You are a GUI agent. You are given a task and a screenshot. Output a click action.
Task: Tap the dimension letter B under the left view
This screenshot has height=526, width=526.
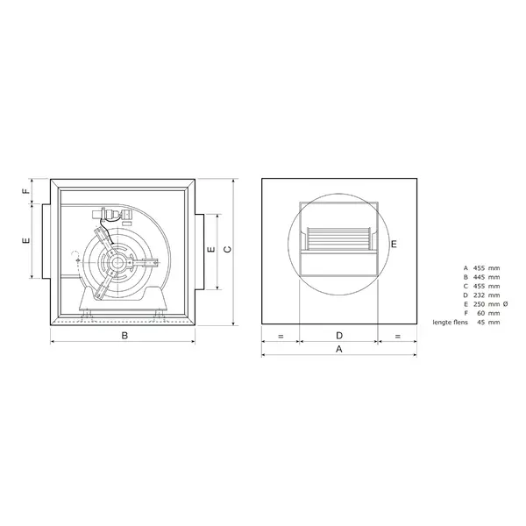(x=124, y=336)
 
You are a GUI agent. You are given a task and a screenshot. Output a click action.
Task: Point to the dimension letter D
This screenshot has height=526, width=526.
(x=338, y=336)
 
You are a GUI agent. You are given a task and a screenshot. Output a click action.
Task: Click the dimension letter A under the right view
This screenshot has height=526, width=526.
(x=339, y=349)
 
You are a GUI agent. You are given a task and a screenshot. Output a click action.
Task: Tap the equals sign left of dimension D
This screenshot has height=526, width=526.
(x=281, y=336)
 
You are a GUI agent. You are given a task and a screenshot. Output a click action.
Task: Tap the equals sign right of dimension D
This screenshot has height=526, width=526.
(x=397, y=336)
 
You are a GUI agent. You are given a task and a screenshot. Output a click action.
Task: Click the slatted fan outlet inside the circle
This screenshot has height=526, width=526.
(x=338, y=238)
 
